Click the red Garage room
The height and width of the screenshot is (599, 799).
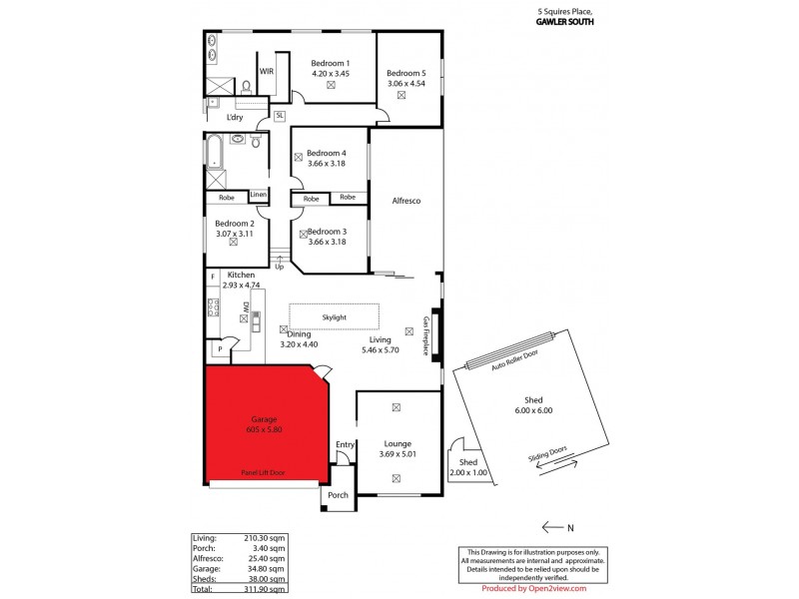(265, 424)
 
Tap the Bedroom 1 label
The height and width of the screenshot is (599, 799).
(330, 63)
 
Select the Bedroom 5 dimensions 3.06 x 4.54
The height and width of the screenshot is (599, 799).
(406, 83)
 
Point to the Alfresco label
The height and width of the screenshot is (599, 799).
(405, 201)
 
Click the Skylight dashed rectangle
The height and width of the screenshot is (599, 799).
(335, 316)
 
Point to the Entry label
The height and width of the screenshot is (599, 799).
(345, 444)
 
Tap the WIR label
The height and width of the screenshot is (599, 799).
(267, 72)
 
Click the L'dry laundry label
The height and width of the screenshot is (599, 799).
(235, 118)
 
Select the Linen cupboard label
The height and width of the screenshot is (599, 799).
(258, 194)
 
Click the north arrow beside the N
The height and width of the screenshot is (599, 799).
(551, 526)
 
